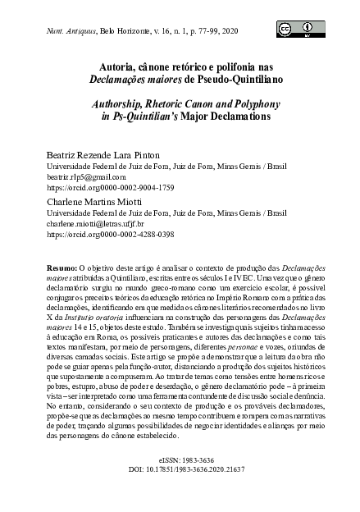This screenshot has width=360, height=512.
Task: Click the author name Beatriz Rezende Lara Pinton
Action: point(100,153)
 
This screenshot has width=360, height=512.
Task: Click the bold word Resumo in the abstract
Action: point(62,267)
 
